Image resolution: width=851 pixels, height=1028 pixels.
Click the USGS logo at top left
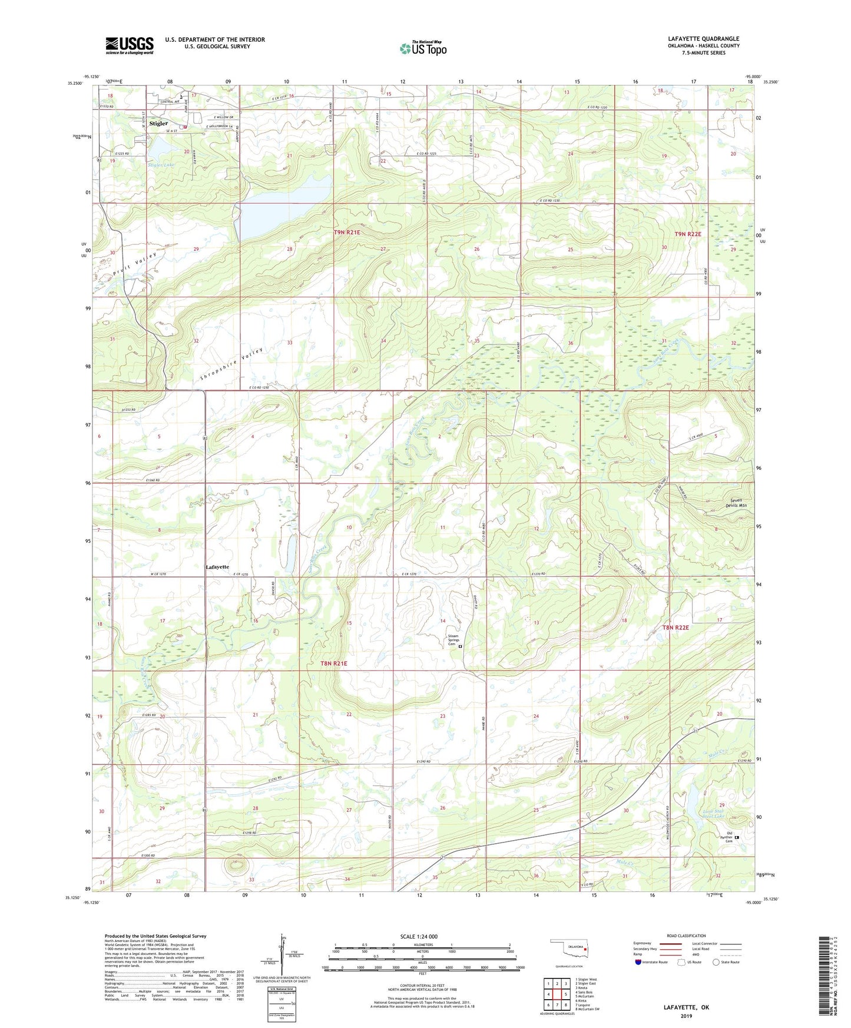[129, 45]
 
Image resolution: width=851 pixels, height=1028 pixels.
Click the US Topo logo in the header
[422, 48]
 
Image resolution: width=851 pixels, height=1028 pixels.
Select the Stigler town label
[158, 124]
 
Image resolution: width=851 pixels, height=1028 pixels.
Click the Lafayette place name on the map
[217, 566]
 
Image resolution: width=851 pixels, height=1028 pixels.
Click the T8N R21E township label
[333, 664]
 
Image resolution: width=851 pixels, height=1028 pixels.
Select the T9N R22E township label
[688, 234]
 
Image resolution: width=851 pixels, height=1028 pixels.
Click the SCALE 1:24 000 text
[419, 936]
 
